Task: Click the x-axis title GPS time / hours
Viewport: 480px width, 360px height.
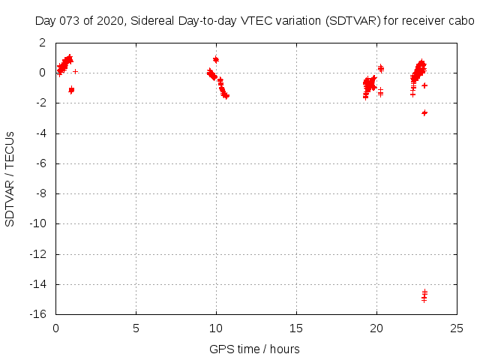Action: [x=254, y=349]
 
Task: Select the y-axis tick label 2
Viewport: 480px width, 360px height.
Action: [x=46, y=43]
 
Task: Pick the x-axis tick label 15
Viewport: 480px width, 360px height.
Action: [x=296, y=328]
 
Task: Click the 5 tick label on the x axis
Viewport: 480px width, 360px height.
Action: [x=136, y=328]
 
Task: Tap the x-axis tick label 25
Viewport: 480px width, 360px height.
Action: [x=457, y=328]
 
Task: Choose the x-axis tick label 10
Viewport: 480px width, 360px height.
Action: [x=216, y=328]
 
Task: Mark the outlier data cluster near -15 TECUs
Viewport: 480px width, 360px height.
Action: [x=424, y=295]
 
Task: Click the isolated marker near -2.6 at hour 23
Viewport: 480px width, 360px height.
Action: [x=424, y=112]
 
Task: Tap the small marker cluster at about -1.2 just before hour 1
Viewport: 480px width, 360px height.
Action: [x=71, y=90]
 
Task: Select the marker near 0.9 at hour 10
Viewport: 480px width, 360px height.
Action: [x=216, y=59]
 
